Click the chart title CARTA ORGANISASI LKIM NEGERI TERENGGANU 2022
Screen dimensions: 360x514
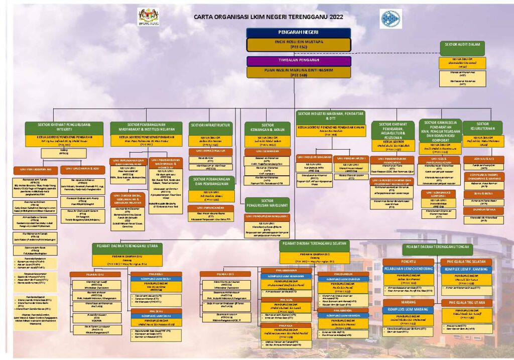pyautogui.click(x=268, y=17)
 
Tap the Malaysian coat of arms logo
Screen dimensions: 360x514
pyautogui.click(x=148, y=16)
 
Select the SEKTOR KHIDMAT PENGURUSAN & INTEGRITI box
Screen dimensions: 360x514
pyautogui.click(x=66, y=128)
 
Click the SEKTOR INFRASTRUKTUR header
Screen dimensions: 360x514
pyautogui.click(x=210, y=125)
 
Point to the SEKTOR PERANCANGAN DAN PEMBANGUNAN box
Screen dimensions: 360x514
pyautogui.click(x=210, y=181)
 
